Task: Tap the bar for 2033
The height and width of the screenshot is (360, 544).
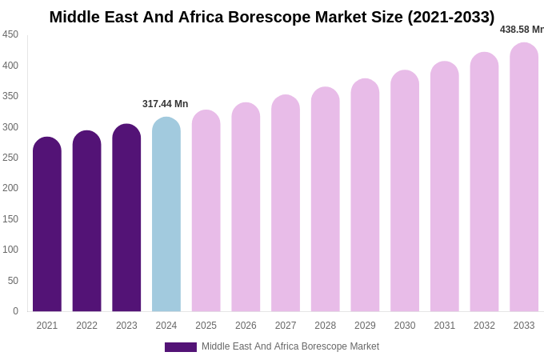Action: pos(524,177)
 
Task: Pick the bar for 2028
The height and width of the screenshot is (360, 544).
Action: pos(326,199)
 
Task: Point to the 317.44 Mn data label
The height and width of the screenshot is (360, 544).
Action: pos(166,104)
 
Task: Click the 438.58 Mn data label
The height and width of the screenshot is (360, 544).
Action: pos(522,30)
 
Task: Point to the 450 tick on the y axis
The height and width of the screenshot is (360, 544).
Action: pos(10,34)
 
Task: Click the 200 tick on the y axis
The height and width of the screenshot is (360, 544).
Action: pos(10,188)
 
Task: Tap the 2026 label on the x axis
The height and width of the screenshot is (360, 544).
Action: pos(246,326)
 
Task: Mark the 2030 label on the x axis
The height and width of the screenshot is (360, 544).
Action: pos(405,326)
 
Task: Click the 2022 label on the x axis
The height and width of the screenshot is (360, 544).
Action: pos(86,326)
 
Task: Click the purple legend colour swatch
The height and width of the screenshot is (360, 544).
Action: pos(181,347)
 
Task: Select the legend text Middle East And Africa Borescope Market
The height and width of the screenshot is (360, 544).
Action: pos(290,346)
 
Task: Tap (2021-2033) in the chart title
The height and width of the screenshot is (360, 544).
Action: pos(451,17)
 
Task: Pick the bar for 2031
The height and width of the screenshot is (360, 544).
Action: pos(445,186)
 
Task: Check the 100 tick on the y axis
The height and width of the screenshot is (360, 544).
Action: pos(10,250)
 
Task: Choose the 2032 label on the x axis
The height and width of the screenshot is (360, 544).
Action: pos(484,326)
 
